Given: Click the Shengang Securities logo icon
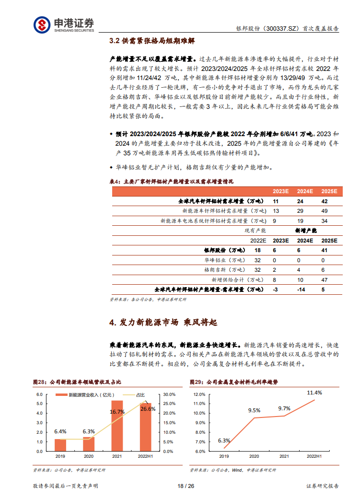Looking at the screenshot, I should pos(42,24).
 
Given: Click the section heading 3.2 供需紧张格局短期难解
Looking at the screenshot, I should pos(152,41).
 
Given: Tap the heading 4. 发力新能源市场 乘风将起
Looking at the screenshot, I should pos(163,323).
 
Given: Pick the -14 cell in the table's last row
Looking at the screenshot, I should pos(301,290).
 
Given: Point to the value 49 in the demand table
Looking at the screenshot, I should pos(325,211).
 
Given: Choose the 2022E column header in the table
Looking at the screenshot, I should pos(258,241).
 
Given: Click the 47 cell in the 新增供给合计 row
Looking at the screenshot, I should pos(325,280).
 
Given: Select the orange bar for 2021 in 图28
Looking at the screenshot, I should pos(117,426).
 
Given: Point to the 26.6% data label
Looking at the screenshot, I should pos(148,409).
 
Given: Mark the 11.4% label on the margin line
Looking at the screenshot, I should pos(314,393).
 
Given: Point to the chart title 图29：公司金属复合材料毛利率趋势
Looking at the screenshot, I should pos(233,382).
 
